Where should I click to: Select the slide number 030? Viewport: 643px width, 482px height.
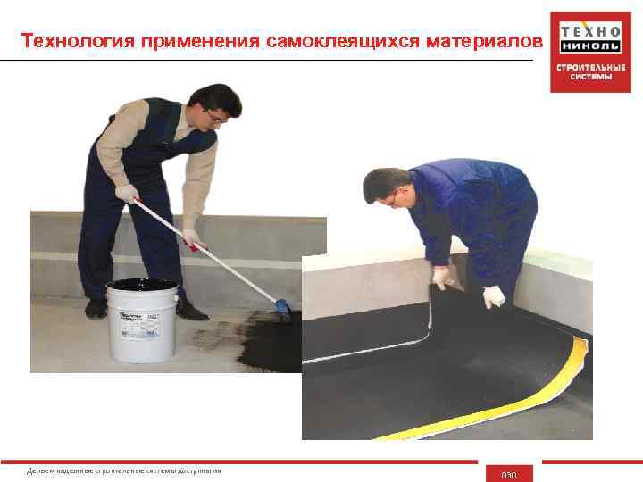coord(509,474)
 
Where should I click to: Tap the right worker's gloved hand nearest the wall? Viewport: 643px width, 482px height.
coord(443,278)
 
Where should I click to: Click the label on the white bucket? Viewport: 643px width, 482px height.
coord(142,327)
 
